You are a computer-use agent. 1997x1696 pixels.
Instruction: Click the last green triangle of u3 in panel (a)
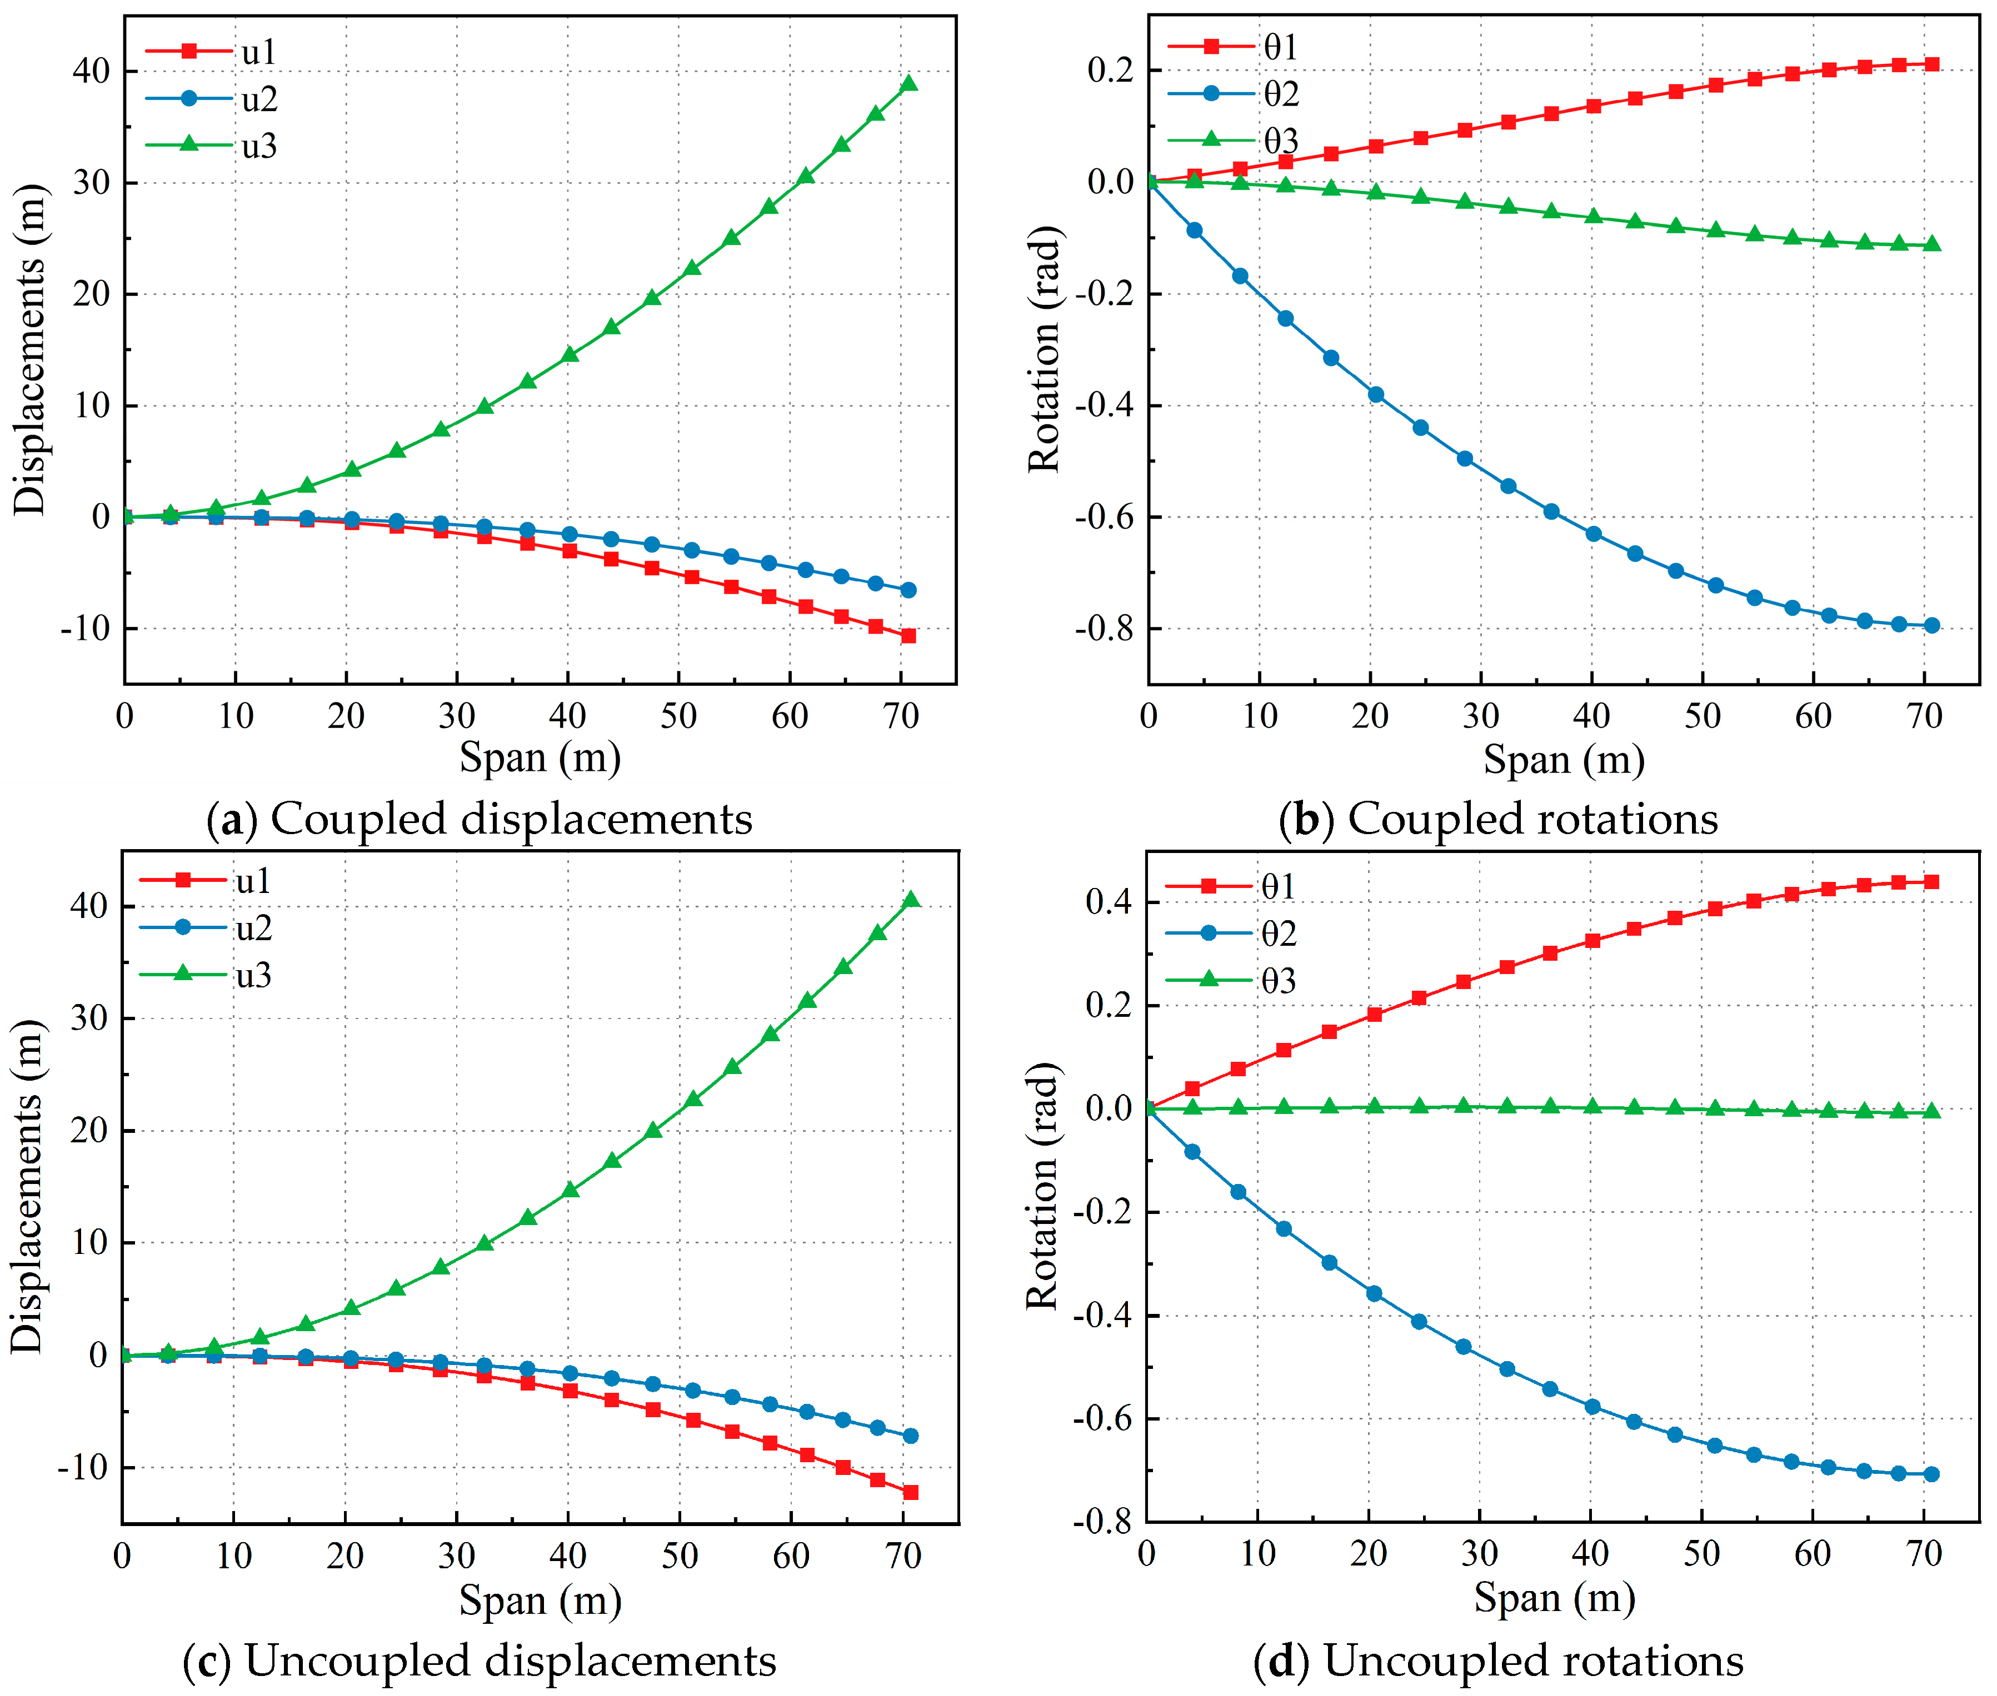point(908,84)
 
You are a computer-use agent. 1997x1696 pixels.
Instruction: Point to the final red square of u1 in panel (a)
point(908,635)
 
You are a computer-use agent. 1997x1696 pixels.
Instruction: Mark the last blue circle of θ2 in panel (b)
point(1931,625)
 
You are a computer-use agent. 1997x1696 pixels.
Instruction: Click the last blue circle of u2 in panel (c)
point(911,1436)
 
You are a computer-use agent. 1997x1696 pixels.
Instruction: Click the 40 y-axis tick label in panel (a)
point(91,71)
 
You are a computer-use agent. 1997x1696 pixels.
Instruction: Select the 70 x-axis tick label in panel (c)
point(902,1555)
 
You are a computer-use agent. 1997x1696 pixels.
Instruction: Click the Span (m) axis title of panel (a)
point(540,757)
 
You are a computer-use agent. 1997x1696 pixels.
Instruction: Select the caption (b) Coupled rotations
point(1498,819)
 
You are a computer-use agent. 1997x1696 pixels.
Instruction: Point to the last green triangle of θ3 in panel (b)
point(1931,244)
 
